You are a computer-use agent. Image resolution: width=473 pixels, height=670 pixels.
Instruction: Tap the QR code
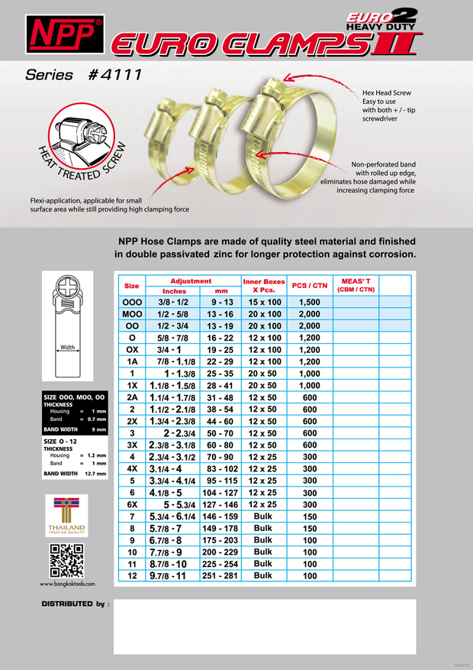pos(67,561)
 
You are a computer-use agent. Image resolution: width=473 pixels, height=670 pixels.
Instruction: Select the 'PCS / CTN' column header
pos(309,286)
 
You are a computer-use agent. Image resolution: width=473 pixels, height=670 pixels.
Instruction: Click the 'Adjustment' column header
pos(190,281)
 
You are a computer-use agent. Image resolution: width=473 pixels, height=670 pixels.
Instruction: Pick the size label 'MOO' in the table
pos(132,314)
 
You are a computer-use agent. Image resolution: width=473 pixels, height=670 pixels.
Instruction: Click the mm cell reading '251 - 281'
pos(221,575)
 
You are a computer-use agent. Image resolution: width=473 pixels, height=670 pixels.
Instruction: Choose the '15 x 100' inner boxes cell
pos(263,303)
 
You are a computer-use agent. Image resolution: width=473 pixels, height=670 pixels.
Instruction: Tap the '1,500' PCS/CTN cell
pos(309,303)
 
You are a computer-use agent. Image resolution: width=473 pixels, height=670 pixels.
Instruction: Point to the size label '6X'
pos(132,504)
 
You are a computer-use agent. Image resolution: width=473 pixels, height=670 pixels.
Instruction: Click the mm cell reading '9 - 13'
pos(221,303)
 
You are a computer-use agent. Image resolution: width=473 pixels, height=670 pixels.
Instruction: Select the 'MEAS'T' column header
pos(356,285)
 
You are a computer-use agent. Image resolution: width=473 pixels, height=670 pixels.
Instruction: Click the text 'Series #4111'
pos(83,75)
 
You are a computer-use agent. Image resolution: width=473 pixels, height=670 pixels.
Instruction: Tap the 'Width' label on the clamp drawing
pos(68,348)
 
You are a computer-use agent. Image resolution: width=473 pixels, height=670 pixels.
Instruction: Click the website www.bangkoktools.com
pos(67,584)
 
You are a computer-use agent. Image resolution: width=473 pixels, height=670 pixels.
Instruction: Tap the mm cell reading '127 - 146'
pos(221,504)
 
